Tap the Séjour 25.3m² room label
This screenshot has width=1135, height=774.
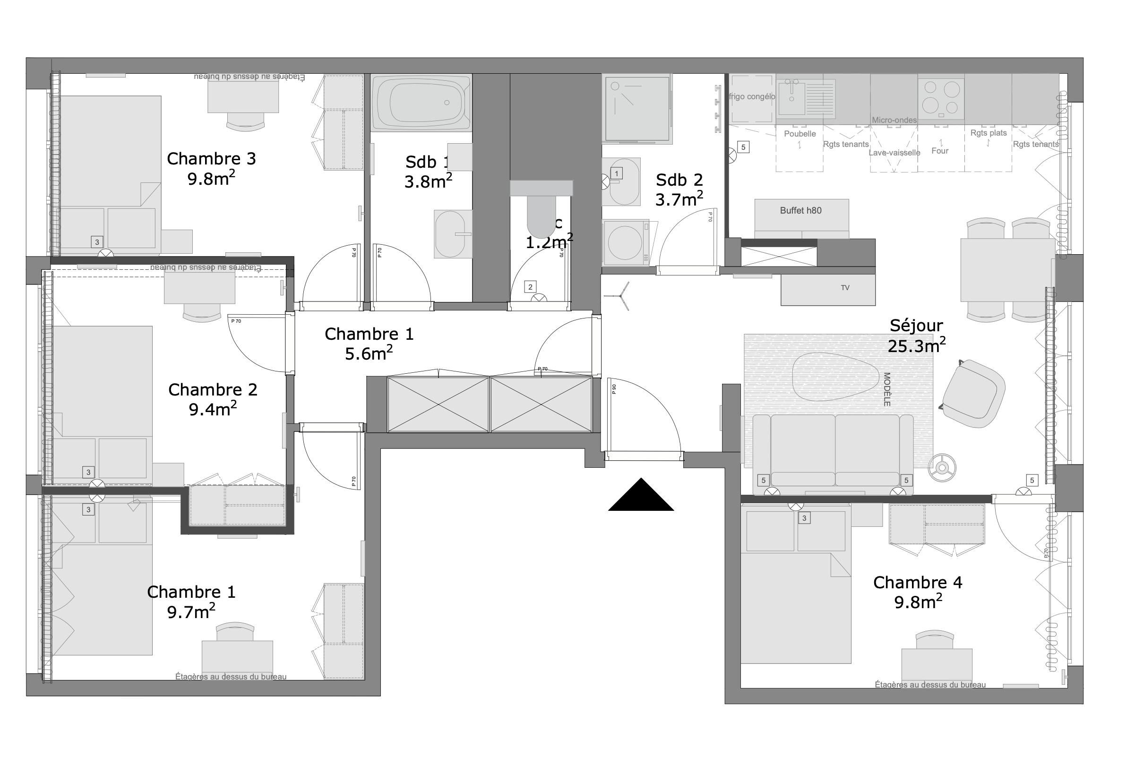(x=916, y=336)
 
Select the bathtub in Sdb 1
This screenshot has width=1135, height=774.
(x=421, y=103)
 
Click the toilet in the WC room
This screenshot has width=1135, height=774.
(x=541, y=215)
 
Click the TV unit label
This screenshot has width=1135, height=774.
(x=845, y=288)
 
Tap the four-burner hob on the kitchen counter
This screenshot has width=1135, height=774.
(x=941, y=98)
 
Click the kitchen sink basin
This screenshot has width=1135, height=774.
(x=791, y=100)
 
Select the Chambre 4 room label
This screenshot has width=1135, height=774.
(x=917, y=593)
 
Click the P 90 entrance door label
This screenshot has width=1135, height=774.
(x=614, y=389)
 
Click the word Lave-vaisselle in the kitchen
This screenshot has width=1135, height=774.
(x=894, y=153)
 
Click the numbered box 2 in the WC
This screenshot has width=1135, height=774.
(x=530, y=287)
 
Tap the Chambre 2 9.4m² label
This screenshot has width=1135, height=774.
(x=213, y=399)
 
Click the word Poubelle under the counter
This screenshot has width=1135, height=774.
(x=800, y=134)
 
